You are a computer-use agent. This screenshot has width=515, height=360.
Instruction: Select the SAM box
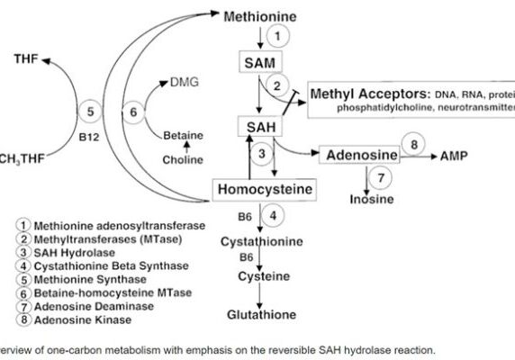pyautogui.click(x=257, y=62)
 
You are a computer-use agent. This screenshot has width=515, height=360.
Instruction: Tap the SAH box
pyautogui.click(x=257, y=127)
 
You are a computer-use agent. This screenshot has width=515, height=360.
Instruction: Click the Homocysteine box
pyautogui.click(x=265, y=189)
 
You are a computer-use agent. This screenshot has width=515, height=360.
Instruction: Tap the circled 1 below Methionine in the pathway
pyautogui.click(x=280, y=36)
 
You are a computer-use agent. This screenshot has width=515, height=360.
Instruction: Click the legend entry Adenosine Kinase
pyautogui.click(x=80, y=319)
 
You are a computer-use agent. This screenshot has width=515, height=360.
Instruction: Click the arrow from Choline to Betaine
pyautogui.click(x=186, y=148)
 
